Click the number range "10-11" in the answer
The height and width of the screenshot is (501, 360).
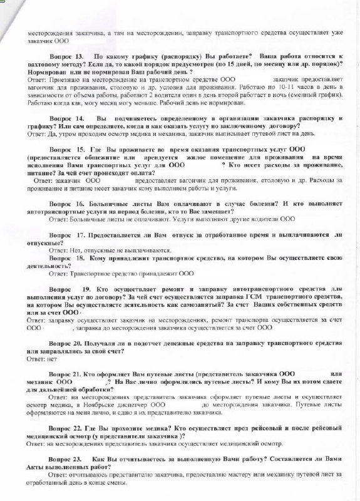(275, 88)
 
